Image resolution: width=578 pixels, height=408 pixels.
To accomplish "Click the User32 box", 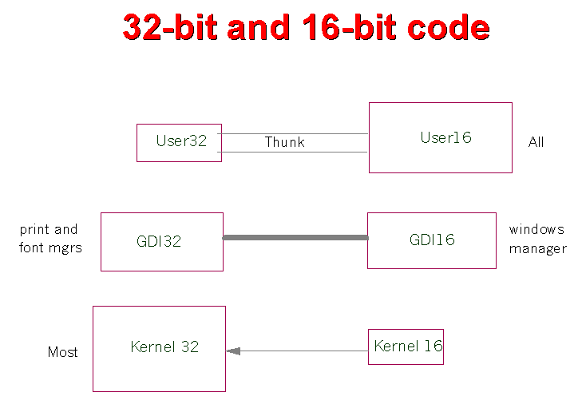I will click(179, 143).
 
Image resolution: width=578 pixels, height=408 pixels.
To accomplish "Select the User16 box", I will click(440, 137).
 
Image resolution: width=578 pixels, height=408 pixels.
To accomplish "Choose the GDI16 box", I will click(431, 240).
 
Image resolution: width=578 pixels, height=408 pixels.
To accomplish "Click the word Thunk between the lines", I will click(285, 142).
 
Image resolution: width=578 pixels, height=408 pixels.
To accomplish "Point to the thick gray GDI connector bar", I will click(295, 237).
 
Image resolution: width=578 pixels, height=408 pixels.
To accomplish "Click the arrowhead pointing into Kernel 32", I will click(232, 351).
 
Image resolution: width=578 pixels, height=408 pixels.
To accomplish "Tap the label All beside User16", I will click(536, 142).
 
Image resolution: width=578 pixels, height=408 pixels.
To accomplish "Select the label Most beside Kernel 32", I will click(62, 352).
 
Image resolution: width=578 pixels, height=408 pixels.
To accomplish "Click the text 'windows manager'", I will click(537, 239).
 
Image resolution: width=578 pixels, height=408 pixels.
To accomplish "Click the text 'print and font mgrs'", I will click(49, 239).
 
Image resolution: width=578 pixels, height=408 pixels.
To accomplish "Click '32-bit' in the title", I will click(170, 28).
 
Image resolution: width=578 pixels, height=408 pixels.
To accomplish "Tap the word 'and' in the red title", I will click(258, 28).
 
